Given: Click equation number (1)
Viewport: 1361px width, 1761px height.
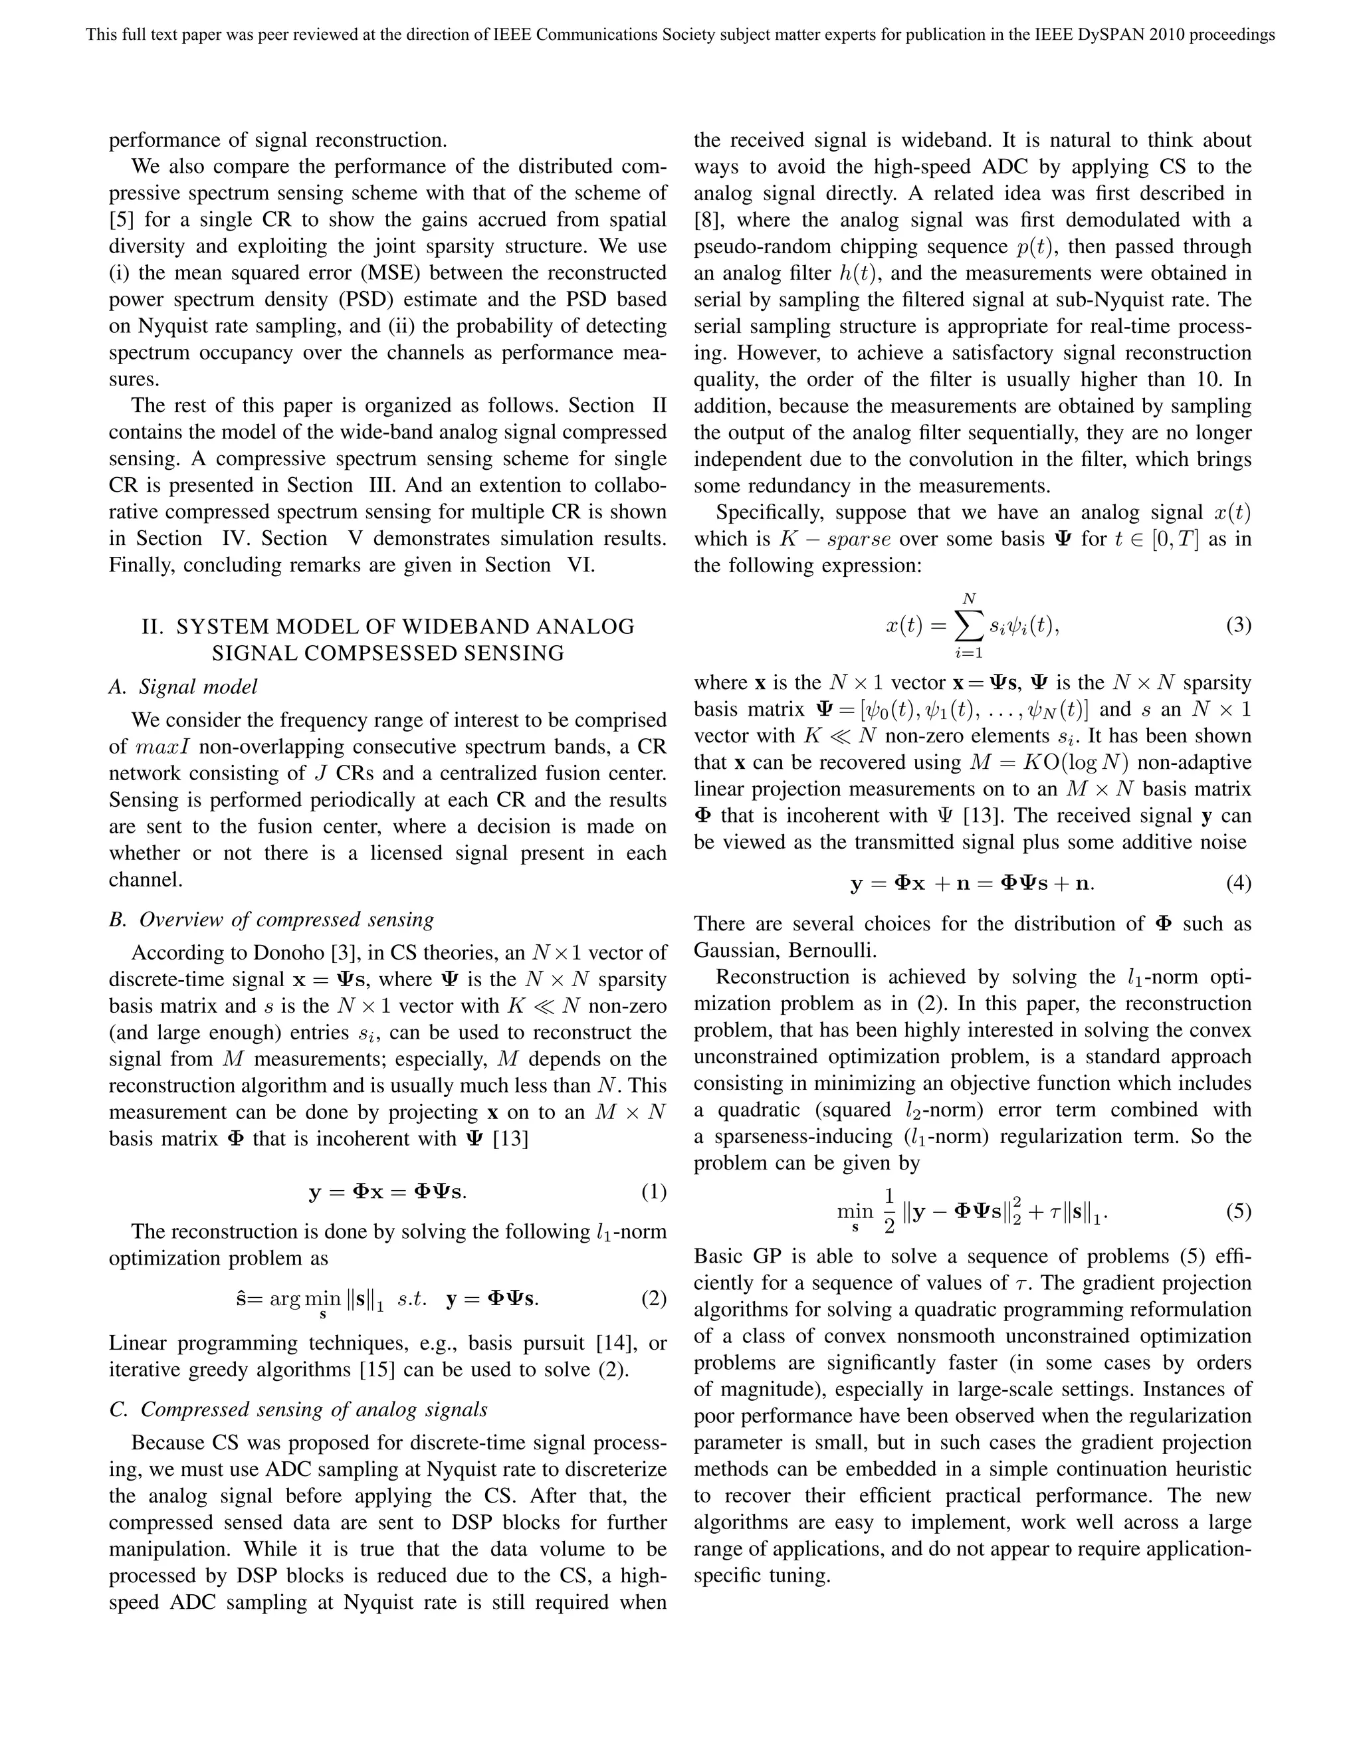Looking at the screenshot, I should (x=654, y=1191).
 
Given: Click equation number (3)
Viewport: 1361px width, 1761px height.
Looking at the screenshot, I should (x=1239, y=625).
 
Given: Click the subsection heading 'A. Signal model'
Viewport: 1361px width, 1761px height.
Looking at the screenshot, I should (x=183, y=686).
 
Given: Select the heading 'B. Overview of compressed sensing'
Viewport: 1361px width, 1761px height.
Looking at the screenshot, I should (x=272, y=919).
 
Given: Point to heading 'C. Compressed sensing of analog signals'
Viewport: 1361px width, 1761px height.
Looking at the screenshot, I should (x=298, y=1409).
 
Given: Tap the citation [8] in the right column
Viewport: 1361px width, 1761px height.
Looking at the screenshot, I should (x=710, y=220).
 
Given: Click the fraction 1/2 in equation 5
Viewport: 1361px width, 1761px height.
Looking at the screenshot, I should (x=889, y=1211).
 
